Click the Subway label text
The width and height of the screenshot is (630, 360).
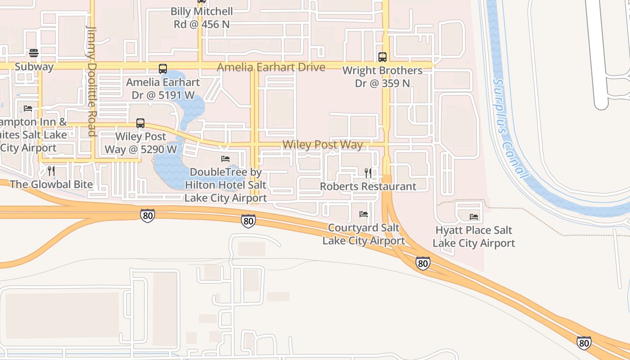[34, 67]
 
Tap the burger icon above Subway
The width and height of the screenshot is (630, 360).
[34, 53]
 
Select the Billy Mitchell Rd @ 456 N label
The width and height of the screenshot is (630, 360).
[202, 18]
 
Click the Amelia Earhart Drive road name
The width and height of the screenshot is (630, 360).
[271, 67]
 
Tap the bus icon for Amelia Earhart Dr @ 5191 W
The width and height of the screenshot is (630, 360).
[163, 69]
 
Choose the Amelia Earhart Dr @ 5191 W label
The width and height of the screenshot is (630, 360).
[163, 89]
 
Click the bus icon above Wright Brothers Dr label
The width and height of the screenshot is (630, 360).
[382, 57]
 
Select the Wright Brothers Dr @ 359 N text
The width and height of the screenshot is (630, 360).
[382, 77]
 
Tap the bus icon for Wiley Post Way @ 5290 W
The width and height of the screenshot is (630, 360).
[140, 123]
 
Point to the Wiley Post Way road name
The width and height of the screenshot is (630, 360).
[322, 144]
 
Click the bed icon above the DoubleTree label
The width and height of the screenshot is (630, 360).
[225, 159]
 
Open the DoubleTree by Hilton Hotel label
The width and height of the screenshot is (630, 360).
[225, 185]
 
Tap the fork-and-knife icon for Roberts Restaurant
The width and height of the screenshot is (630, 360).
[368, 173]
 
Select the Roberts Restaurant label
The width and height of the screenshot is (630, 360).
[368, 186]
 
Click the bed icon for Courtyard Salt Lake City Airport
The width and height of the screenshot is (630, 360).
[364, 214]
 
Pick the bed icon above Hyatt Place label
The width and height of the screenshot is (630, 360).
[474, 217]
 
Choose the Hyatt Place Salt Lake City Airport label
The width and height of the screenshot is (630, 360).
[474, 237]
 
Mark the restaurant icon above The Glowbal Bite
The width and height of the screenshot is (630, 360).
[51, 171]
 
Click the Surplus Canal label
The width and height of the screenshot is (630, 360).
[508, 128]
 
